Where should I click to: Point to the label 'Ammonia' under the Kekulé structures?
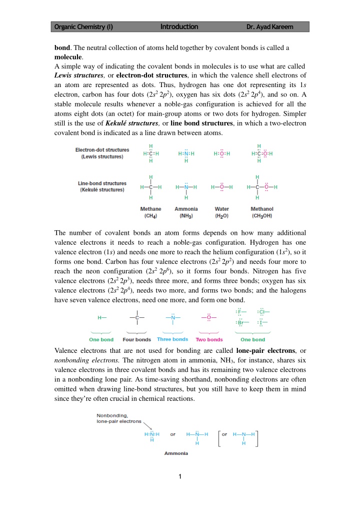tap(186, 209)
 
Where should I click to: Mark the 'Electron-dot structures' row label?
tap(102, 150)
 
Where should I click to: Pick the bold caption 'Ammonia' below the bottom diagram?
tap(176, 453)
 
